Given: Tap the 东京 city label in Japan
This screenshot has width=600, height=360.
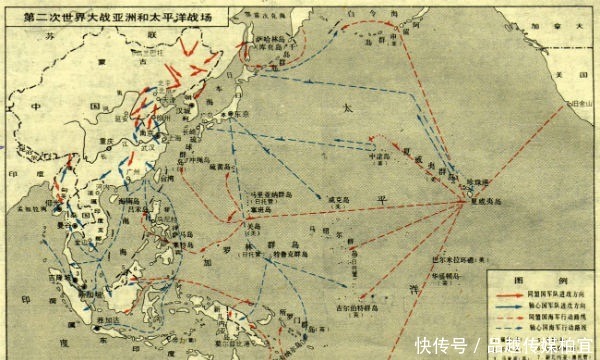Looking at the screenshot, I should (240, 116).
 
